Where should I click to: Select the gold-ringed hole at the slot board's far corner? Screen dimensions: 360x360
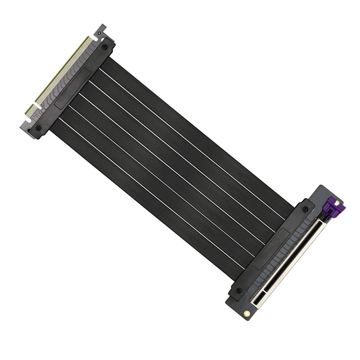click(x=247, y=314)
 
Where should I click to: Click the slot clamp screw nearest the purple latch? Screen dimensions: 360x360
click(x=305, y=210)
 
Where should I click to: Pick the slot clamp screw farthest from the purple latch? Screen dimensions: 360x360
click(x=238, y=290)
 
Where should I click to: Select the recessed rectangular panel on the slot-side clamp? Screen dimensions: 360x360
click(x=271, y=248)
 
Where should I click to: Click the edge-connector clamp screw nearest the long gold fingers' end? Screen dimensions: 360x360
click(x=104, y=47)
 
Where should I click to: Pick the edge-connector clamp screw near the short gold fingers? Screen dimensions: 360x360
click(x=39, y=128)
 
